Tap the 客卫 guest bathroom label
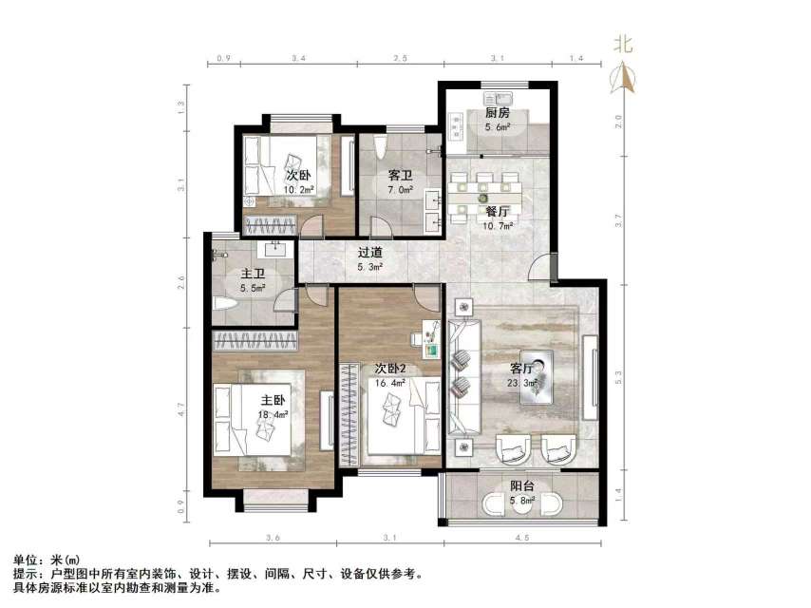pos(401,176)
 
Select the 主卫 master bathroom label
pos(254,275)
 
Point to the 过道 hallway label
pos(370,253)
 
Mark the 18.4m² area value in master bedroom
pos(273,414)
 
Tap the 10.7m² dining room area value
pos(499,227)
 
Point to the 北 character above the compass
pos(623,44)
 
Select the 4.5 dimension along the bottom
pos(522,540)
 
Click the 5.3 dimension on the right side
pos(618,375)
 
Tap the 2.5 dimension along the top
pos(401,59)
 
